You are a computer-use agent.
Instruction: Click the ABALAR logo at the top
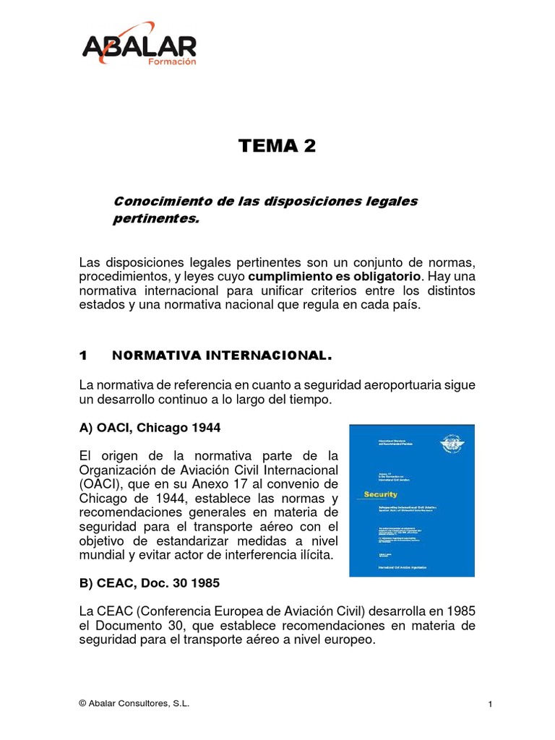[x=139, y=48]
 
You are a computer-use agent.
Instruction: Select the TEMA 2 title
[x=277, y=146]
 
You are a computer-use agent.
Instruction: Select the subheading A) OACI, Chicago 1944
[x=150, y=428]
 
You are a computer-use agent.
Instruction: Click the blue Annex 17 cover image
[x=412, y=500]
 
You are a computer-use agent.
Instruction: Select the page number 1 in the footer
[x=489, y=705]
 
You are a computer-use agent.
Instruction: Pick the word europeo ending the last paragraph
[x=350, y=639]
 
